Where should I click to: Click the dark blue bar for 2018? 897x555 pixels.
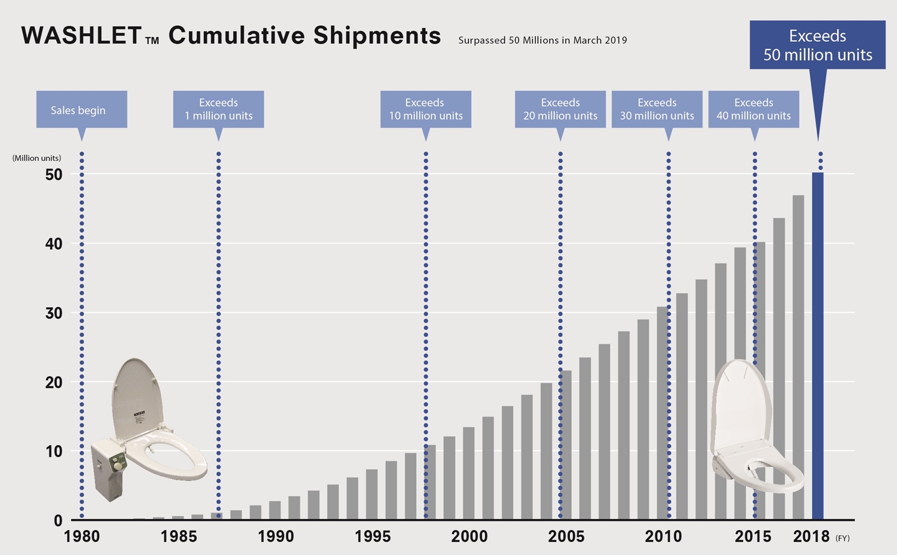click(x=817, y=347)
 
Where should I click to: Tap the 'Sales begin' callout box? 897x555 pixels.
click(x=81, y=110)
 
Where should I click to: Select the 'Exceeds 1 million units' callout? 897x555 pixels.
click(x=218, y=109)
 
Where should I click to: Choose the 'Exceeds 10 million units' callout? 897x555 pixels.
click(x=426, y=109)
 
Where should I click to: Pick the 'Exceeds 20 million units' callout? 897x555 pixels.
click(x=560, y=109)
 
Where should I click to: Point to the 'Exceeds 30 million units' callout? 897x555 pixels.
click(x=657, y=109)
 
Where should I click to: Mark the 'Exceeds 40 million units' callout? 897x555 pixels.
click(x=753, y=109)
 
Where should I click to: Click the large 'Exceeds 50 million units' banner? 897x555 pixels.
click(x=817, y=45)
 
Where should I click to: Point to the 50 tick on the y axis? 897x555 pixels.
click(x=54, y=174)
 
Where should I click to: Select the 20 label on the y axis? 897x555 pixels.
click(x=54, y=382)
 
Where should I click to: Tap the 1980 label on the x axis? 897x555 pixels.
click(x=82, y=536)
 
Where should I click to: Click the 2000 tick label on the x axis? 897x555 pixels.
click(x=469, y=536)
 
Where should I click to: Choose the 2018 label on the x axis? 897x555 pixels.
click(x=811, y=536)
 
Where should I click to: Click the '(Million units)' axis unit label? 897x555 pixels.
click(x=36, y=158)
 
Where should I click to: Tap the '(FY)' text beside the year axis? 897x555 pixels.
click(x=843, y=538)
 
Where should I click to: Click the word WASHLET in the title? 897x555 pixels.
click(x=81, y=36)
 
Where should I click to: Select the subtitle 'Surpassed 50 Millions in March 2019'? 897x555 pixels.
click(x=542, y=41)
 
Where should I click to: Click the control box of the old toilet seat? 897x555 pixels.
click(x=108, y=469)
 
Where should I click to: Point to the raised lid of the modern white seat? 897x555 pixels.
click(x=739, y=400)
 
